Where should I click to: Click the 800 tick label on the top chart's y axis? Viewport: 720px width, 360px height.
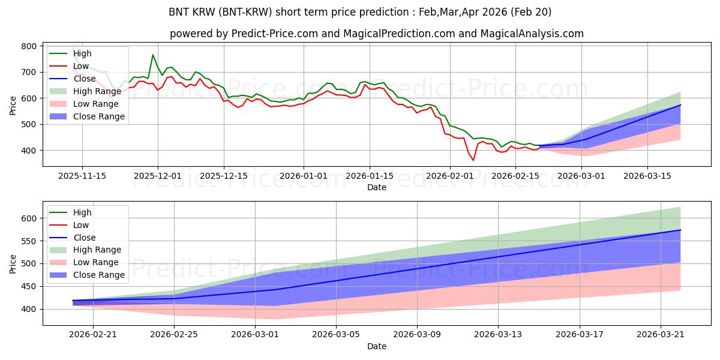pos(29,46)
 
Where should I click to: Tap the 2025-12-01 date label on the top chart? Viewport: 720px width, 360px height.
pos(157,176)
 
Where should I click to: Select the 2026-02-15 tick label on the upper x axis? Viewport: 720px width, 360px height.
pos(515,176)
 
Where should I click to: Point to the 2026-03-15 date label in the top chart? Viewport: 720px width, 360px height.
pos(647,176)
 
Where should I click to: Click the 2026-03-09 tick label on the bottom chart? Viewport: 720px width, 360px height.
pos(417,335)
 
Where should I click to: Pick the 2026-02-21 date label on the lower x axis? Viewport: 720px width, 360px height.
pos(93,335)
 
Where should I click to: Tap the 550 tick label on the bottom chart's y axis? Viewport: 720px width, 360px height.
pos(29,241)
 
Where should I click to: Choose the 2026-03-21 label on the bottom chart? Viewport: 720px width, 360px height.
pos(661,335)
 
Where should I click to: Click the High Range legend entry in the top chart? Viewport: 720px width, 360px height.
pos(85,91)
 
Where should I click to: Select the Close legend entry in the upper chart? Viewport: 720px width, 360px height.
pos(73,79)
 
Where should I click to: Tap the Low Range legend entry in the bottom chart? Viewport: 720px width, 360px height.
pos(84,262)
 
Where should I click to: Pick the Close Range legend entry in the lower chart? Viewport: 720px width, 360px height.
pos(87,275)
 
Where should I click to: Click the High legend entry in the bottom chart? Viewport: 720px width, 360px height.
pos(71,212)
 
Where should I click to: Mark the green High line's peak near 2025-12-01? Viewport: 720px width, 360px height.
pos(153,55)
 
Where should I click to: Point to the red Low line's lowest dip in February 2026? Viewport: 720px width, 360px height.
pos(473,160)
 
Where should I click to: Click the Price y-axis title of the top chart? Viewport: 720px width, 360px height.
pos(13,106)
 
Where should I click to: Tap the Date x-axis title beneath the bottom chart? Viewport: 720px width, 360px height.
pos(377,346)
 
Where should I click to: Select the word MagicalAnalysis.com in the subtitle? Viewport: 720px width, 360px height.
pos(532,34)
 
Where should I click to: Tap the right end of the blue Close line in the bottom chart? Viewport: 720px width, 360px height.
pos(680,230)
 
